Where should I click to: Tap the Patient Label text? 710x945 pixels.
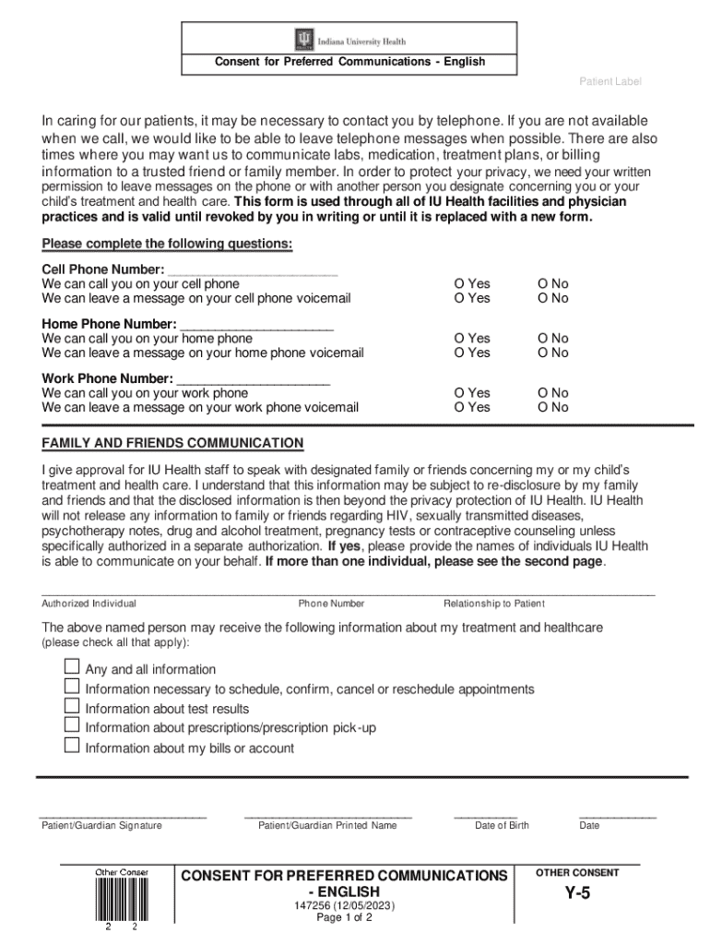pos(609,82)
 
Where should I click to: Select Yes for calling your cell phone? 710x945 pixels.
pos(458,284)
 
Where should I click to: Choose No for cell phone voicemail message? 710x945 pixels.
pos(543,298)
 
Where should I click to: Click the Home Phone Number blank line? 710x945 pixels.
pos(256,324)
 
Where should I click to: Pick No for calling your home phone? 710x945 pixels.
pos(543,339)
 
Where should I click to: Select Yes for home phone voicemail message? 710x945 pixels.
pos(458,353)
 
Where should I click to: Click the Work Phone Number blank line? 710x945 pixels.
pos(253,378)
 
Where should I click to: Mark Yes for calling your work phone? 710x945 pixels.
pos(458,393)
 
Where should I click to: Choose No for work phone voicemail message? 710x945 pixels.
pos(543,407)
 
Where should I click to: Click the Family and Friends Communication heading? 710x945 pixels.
pos(172,443)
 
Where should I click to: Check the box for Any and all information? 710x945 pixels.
pos(72,667)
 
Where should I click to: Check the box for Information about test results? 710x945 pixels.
pos(72,707)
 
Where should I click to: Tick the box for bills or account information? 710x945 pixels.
pos(72,747)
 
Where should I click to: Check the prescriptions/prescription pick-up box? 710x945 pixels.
pos(72,726)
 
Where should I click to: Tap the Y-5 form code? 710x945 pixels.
pos(577,893)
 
